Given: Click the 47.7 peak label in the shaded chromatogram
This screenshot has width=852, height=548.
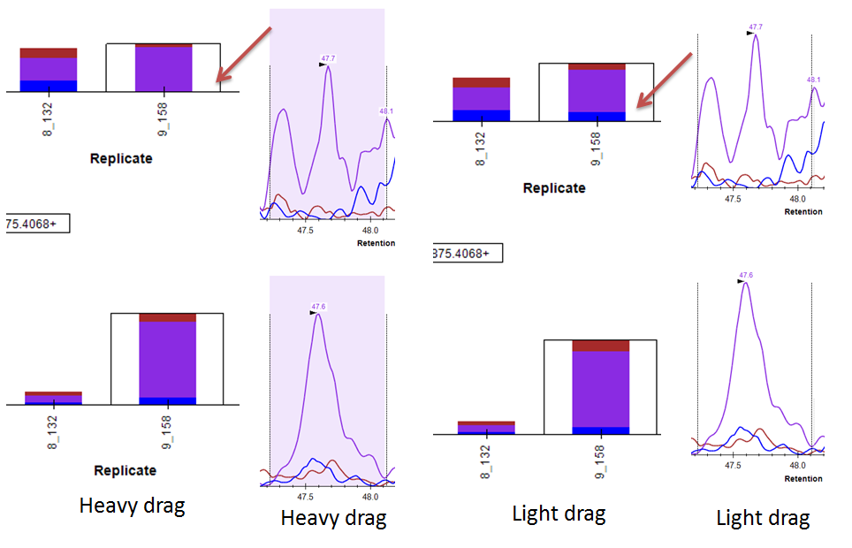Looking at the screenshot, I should [x=328, y=58].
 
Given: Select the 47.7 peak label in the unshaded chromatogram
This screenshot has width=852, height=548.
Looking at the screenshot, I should [x=756, y=27].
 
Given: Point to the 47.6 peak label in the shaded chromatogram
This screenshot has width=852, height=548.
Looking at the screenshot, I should [x=318, y=308].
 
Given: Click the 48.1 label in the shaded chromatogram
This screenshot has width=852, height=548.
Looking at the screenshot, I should [x=387, y=111].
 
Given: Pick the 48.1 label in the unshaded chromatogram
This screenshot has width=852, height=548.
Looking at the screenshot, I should [x=814, y=80].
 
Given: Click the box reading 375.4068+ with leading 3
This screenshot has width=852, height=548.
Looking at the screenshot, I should [x=466, y=254].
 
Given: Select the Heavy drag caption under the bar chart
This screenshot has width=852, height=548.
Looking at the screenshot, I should [x=133, y=506].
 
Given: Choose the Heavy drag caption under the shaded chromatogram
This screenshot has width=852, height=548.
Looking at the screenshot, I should [x=334, y=518].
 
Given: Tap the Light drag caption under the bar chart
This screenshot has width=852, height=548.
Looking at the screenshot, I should [x=559, y=513].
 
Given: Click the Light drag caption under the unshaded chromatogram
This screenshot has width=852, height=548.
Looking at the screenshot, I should [x=763, y=518].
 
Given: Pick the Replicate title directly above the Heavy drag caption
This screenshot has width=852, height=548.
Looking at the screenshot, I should [x=125, y=471].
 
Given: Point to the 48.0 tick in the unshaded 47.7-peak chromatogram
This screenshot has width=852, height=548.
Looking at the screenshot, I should [x=798, y=201].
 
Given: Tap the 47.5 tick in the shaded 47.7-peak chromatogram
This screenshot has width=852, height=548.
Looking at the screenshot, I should [x=306, y=231].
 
